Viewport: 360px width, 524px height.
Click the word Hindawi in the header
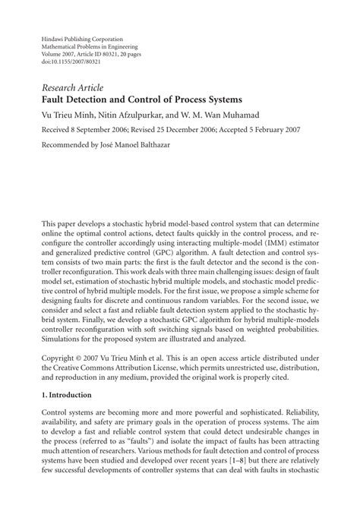point(53,38)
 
